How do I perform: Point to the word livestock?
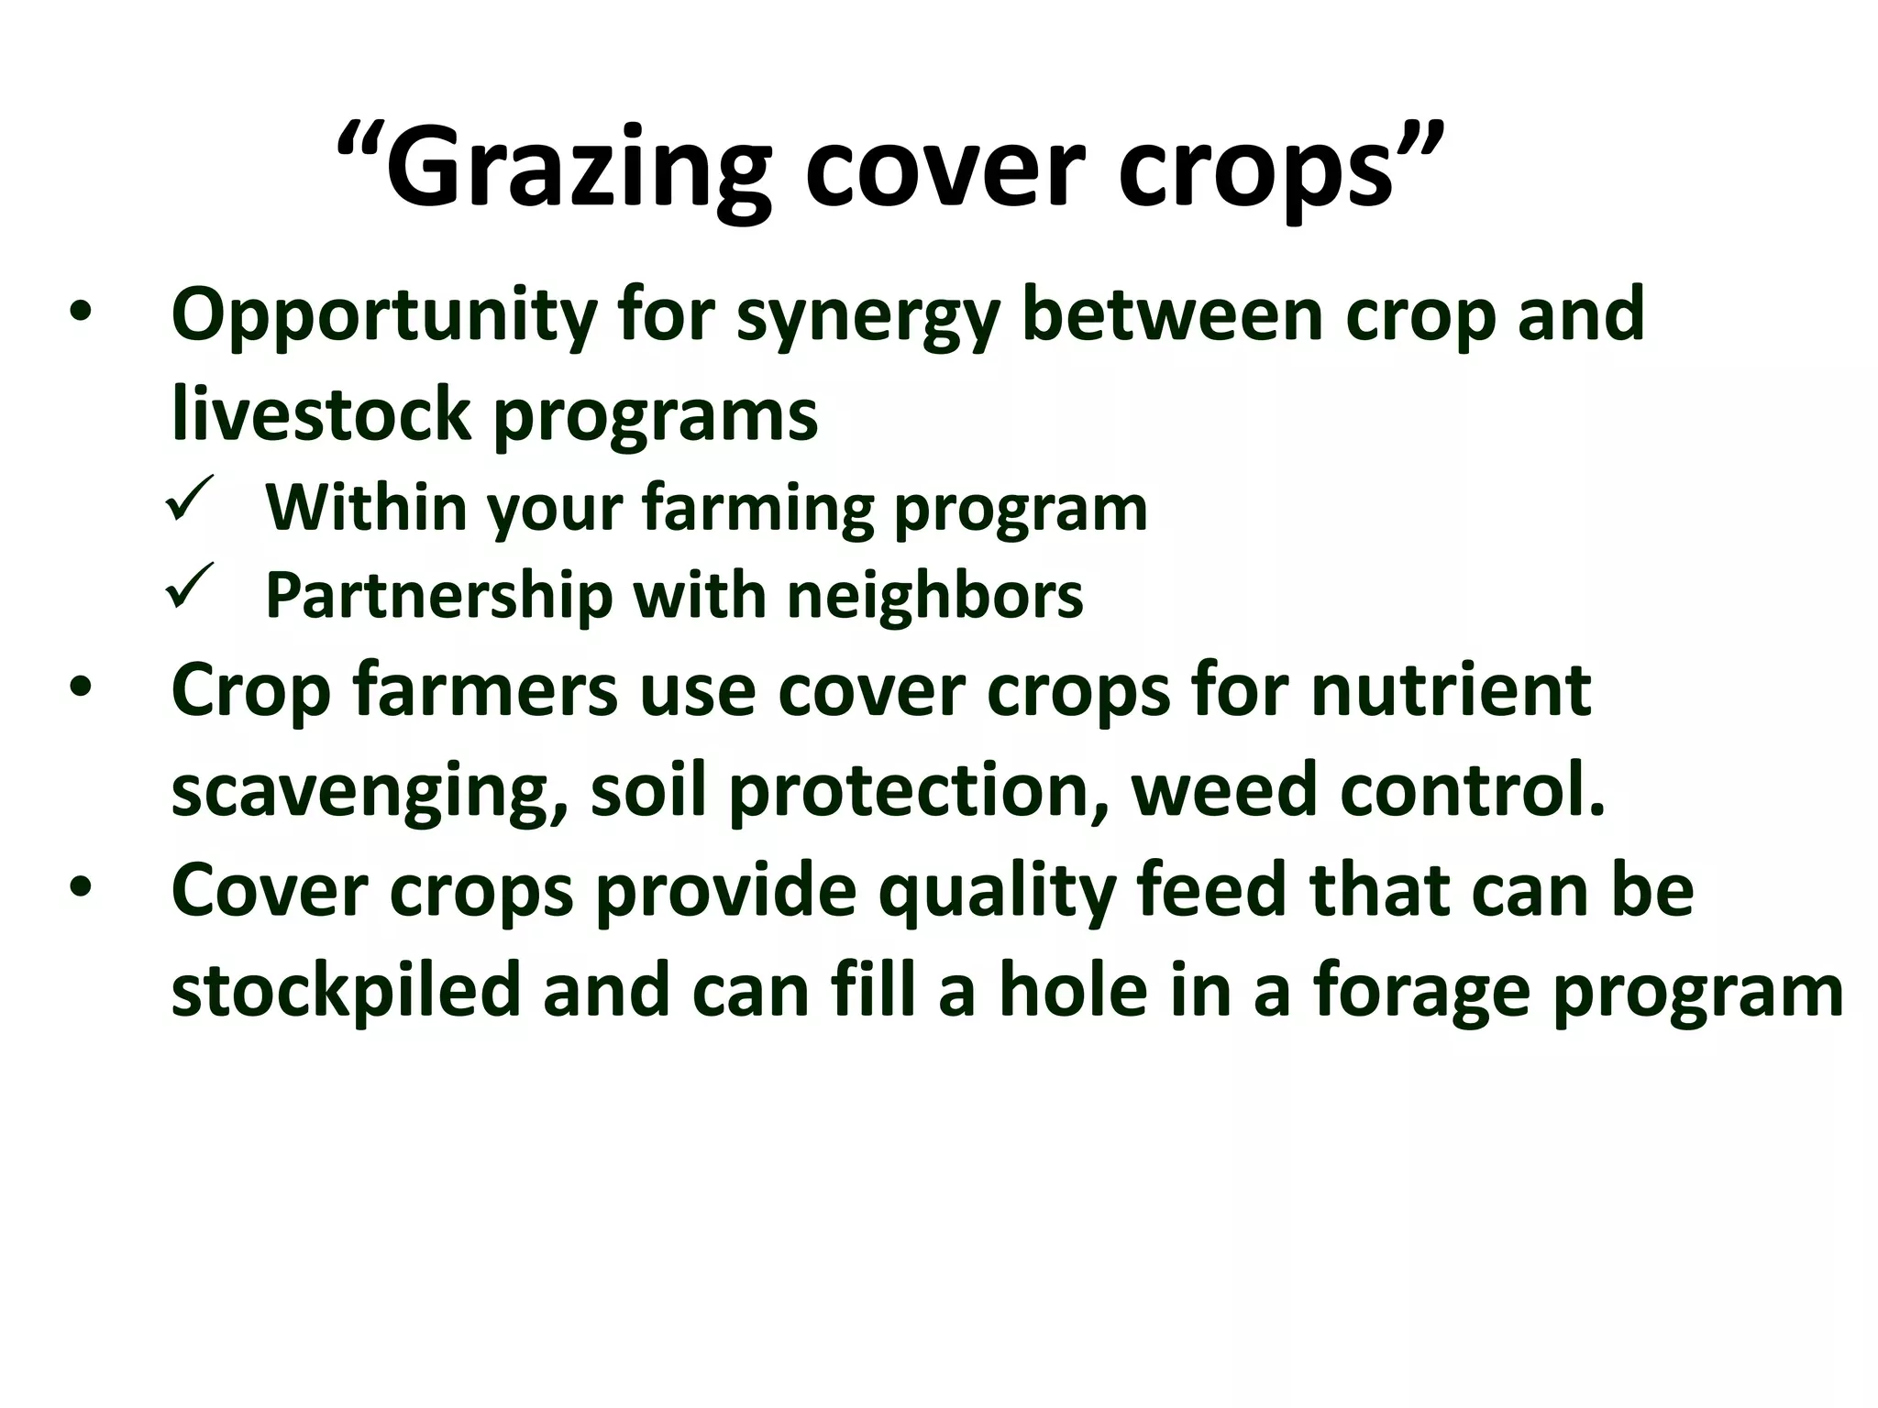coord(321,414)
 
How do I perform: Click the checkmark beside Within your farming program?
coord(191,499)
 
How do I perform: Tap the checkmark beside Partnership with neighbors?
coord(191,587)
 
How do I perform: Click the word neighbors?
coord(934,596)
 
